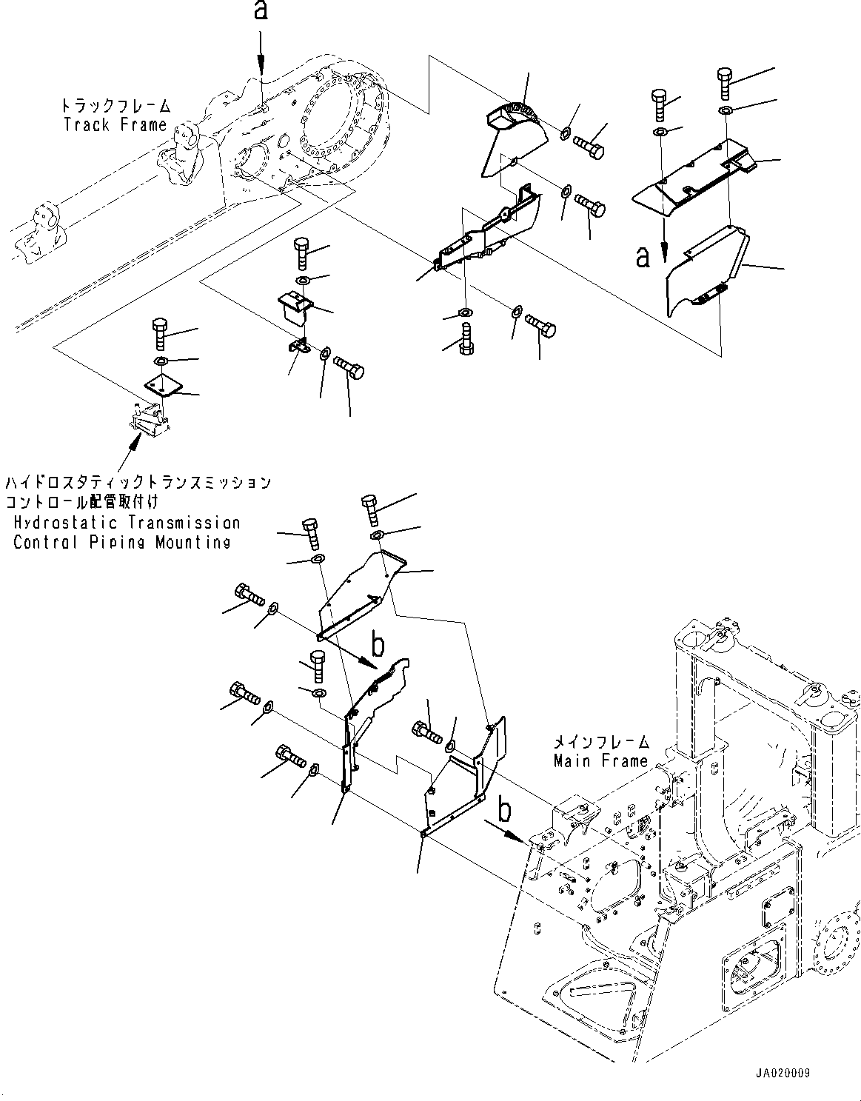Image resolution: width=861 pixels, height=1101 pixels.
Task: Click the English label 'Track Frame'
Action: pyautogui.click(x=115, y=124)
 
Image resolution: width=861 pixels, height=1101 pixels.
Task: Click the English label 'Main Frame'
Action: pyautogui.click(x=600, y=760)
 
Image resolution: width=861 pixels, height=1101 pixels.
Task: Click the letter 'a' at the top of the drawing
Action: pyautogui.click(x=261, y=13)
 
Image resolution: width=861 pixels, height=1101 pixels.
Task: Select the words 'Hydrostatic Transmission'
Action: pyautogui.click(x=127, y=523)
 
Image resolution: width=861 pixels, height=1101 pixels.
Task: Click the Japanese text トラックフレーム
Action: pyautogui.click(x=118, y=105)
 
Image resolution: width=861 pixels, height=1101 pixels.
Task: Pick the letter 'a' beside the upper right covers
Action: pyautogui.click(x=643, y=255)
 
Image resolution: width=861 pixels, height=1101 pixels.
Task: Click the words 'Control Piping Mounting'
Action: pyautogui.click(x=122, y=542)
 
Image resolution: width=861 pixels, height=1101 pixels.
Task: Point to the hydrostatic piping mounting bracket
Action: pyautogui.click(x=150, y=421)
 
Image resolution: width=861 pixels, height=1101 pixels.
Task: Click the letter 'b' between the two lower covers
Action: pyautogui.click(x=378, y=646)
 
